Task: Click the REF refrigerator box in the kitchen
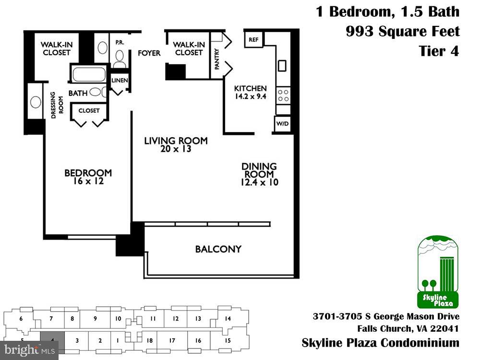point(252,40)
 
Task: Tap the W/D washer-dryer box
point(282,124)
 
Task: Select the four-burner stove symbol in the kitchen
point(283,95)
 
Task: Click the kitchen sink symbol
point(282,65)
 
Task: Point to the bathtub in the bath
point(89,74)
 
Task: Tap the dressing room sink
point(36,102)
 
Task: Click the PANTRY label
point(217,59)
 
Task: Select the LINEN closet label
point(120,80)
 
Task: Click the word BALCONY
point(218,249)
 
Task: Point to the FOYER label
point(149,53)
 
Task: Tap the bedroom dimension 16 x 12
point(88,181)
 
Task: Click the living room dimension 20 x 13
point(176,149)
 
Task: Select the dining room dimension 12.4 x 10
point(259,182)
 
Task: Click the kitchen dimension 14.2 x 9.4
point(250,96)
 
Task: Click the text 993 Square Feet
point(402,32)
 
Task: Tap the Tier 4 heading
point(439,51)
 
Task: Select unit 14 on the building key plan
point(228,319)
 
